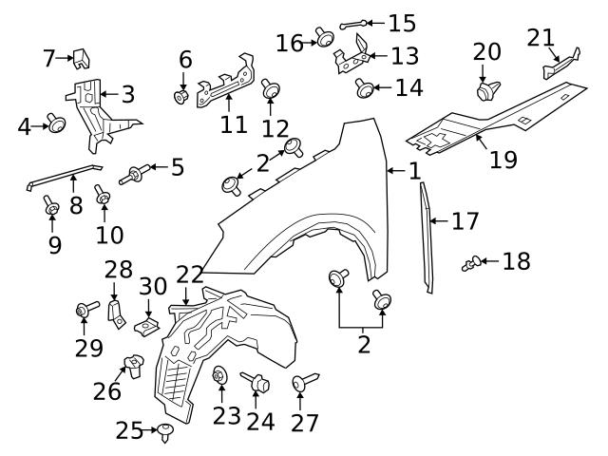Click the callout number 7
pyautogui.click(x=49, y=59)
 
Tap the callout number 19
pyautogui.click(x=503, y=159)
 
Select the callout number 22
pyautogui.click(x=189, y=275)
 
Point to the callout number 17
pyautogui.click(x=465, y=222)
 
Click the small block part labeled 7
pyautogui.click(x=83, y=57)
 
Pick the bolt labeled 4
pyautogui.click(x=57, y=123)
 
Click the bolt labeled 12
pyautogui.click(x=272, y=91)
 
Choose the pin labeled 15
pyautogui.click(x=351, y=23)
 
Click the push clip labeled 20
pyautogui.click(x=487, y=88)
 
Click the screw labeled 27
pyautogui.click(x=301, y=383)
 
